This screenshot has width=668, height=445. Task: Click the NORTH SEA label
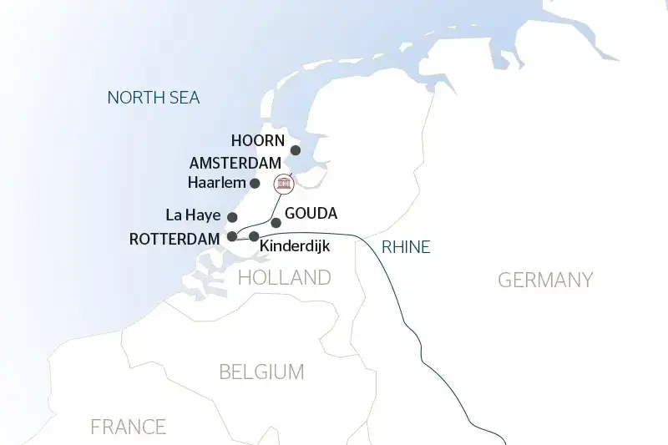pyautogui.click(x=154, y=98)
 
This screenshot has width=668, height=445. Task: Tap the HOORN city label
pyautogui.click(x=258, y=140)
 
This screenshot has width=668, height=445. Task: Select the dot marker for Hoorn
pyautogui.click(x=295, y=150)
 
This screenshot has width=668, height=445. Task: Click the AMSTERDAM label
pyautogui.click(x=235, y=163)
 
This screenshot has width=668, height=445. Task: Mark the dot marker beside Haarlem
pyautogui.click(x=256, y=183)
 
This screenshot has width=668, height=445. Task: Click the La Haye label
pyautogui.click(x=193, y=216)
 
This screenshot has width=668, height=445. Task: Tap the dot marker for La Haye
pyautogui.click(x=232, y=217)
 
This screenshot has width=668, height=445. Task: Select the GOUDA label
pyautogui.click(x=311, y=213)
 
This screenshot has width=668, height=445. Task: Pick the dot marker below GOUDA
pyautogui.click(x=276, y=223)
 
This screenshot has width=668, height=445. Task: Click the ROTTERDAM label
pyautogui.click(x=175, y=239)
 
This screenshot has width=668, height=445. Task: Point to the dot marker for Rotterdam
pyautogui.click(x=231, y=236)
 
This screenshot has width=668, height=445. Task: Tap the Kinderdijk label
pyautogui.click(x=295, y=247)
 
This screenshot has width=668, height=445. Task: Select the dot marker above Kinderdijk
pyautogui.click(x=254, y=236)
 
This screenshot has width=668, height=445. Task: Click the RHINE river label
pyautogui.click(x=405, y=246)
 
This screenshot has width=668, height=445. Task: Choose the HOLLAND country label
pyautogui.click(x=285, y=277)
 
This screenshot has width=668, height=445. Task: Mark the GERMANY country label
pyautogui.click(x=545, y=280)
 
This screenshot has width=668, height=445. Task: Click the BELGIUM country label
pyautogui.click(x=261, y=372)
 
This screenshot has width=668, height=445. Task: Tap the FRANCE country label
pyautogui.click(x=128, y=427)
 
